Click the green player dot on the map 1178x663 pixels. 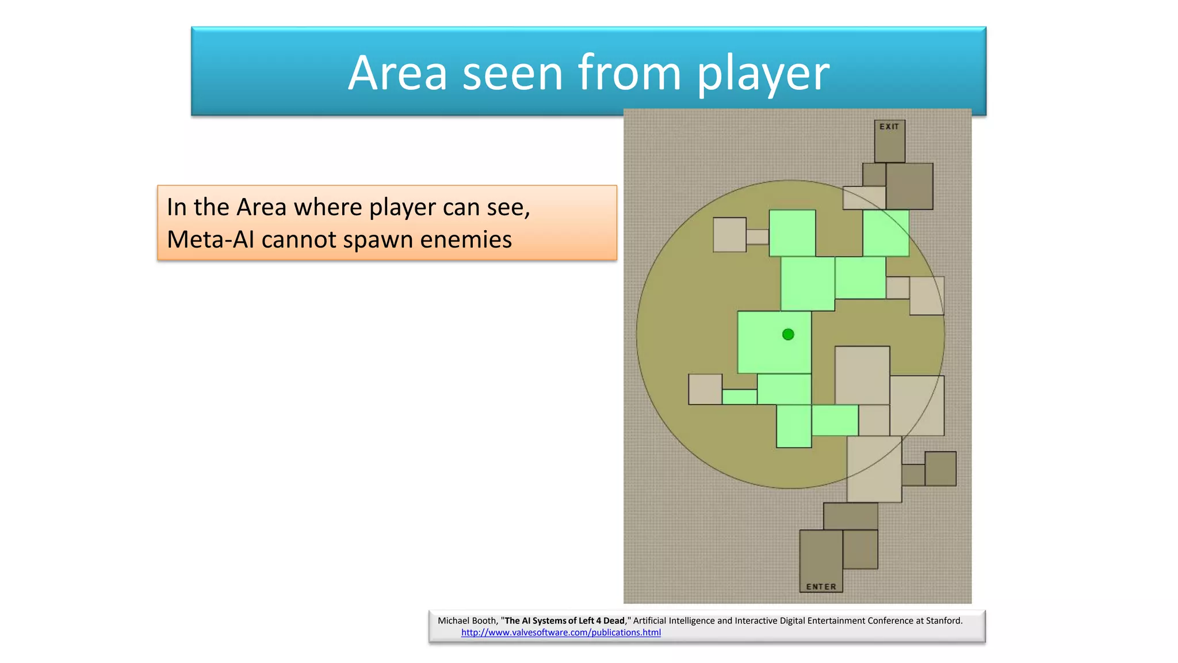pos(788,334)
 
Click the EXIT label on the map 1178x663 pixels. pos(889,127)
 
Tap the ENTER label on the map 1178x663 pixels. pos(821,586)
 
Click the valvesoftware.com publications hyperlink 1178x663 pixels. pos(561,632)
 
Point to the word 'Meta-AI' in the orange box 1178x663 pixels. pos(211,239)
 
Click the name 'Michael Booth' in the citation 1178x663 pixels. pos(466,620)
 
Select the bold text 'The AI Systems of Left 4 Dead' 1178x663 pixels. pos(564,620)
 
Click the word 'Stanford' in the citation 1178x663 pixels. pos(943,620)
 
